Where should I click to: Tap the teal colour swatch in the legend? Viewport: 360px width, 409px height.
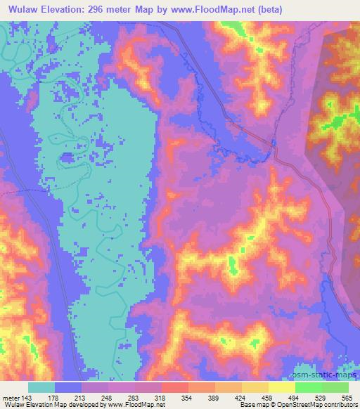click(41, 387)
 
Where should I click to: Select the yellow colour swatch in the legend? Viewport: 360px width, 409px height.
click(282, 387)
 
